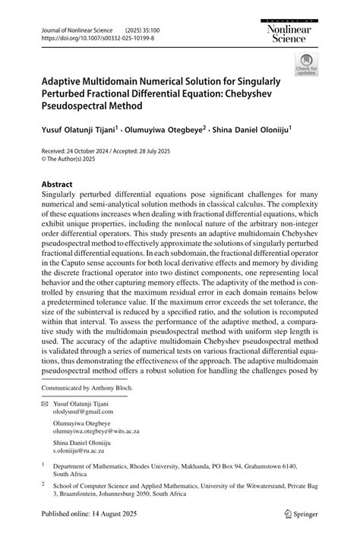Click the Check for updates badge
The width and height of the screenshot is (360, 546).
click(307, 65)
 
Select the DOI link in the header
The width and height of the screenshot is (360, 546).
click(89, 36)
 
